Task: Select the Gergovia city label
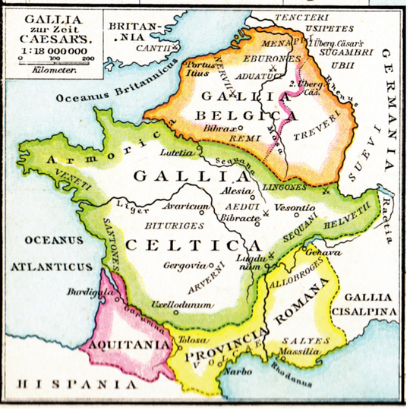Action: tap(184, 266)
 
